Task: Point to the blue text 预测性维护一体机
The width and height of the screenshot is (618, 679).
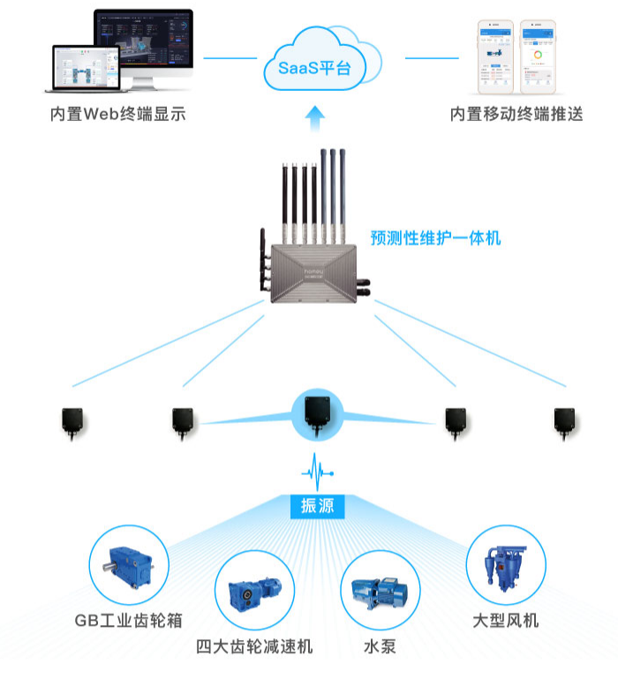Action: [x=435, y=238]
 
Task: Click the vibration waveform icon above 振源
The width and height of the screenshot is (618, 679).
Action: [x=316, y=469]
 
